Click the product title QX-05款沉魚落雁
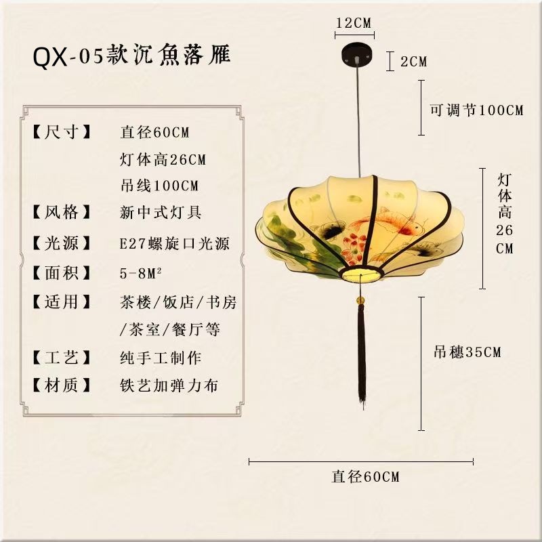[x=132, y=56]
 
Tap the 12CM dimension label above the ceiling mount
[x=354, y=23]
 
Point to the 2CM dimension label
[x=413, y=62]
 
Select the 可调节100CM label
[x=477, y=110]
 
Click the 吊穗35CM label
[x=467, y=352]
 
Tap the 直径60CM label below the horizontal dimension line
[x=365, y=476]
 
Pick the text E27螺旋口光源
[x=174, y=243]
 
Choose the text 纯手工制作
[x=160, y=358]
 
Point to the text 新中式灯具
[x=161, y=213]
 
